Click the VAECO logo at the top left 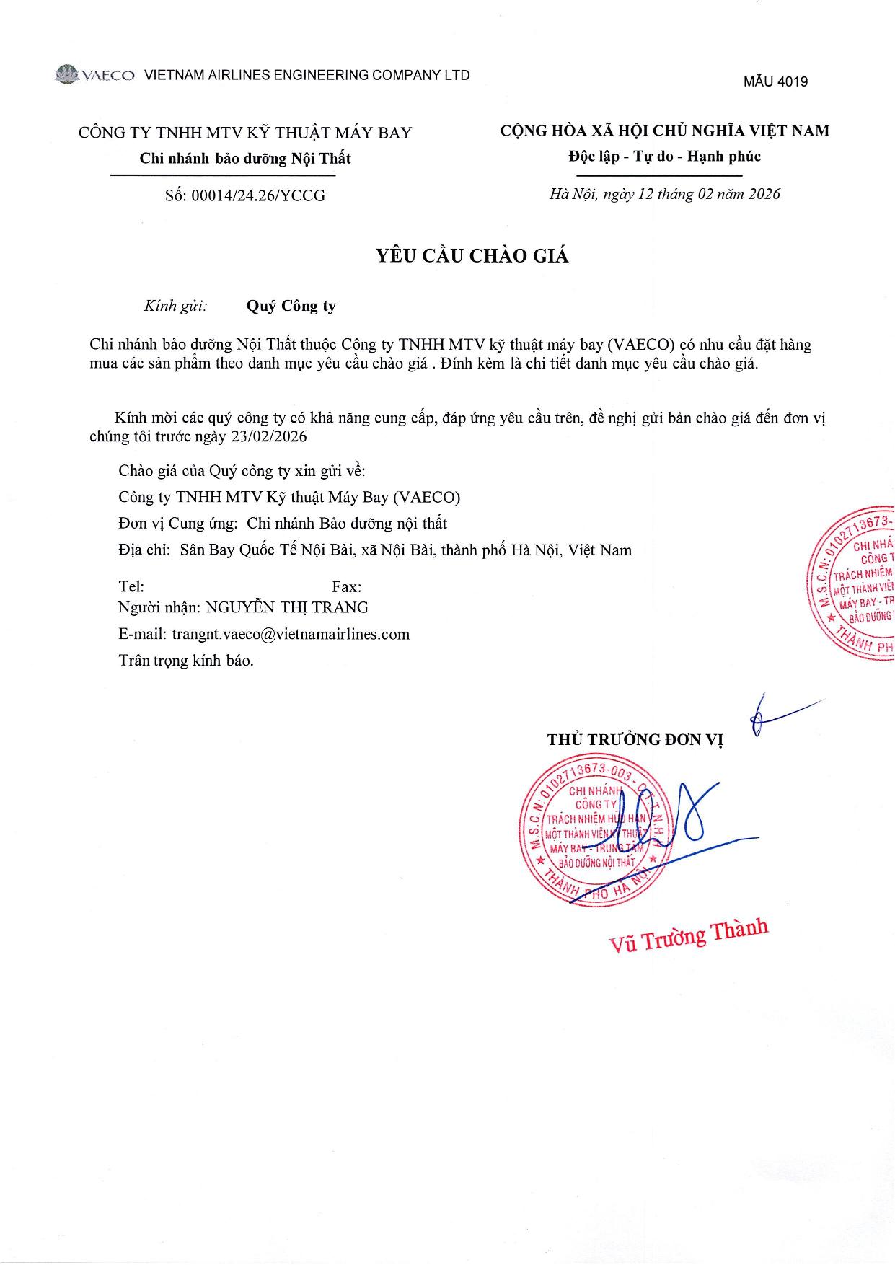pyautogui.click(x=94, y=75)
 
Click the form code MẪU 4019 pyautogui.click(x=775, y=81)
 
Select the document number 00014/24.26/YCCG pyautogui.click(x=257, y=195)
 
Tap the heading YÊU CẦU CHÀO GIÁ pyautogui.click(x=472, y=256)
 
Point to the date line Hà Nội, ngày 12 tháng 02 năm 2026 pyautogui.click(x=664, y=194)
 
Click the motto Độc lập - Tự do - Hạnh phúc pyautogui.click(x=664, y=157)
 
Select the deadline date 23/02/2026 pyautogui.click(x=268, y=437)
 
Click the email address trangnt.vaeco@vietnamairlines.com pyautogui.click(x=291, y=634)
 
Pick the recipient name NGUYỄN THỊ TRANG pyautogui.click(x=287, y=607)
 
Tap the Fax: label pyautogui.click(x=347, y=587)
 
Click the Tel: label pyautogui.click(x=131, y=587)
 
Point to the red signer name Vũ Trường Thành pyautogui.click(x=689, y=936)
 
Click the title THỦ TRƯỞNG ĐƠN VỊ pyautogui.click(x=635, y=739)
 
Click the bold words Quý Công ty pyautogui.click(x=291, y=306)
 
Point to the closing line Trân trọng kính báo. pyautogui.click(x=186, y=660)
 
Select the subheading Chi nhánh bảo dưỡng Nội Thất pyautogui.click(x=245, y=159)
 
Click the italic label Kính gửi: pyautogui.click(x=175, y=306)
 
